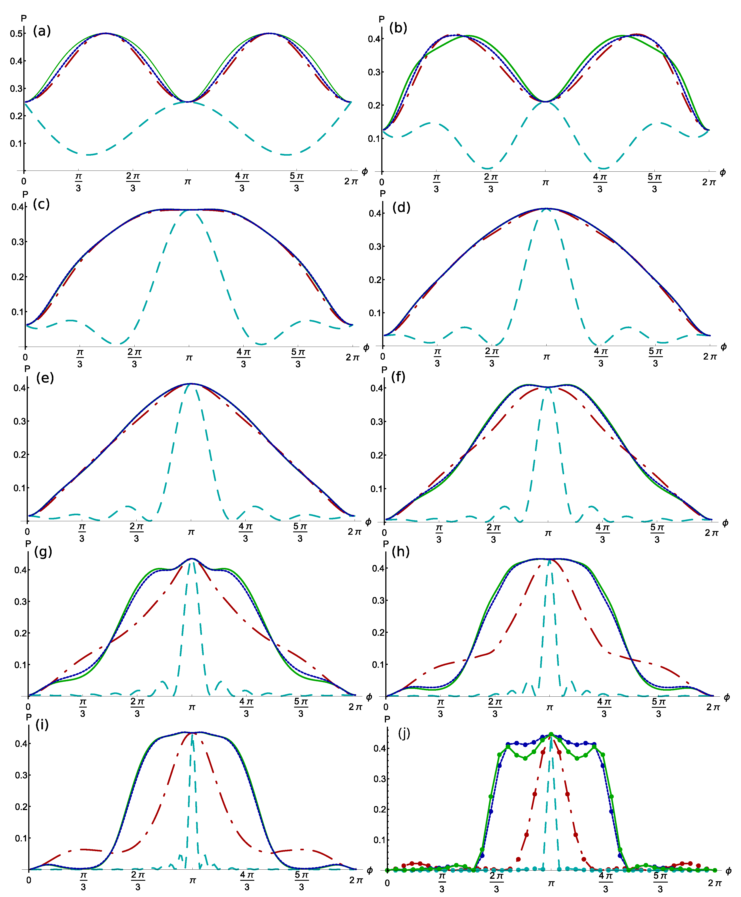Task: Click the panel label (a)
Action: pos(42,31)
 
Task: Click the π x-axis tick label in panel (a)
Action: pos(187,182)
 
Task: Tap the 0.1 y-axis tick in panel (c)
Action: pos(18,312)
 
